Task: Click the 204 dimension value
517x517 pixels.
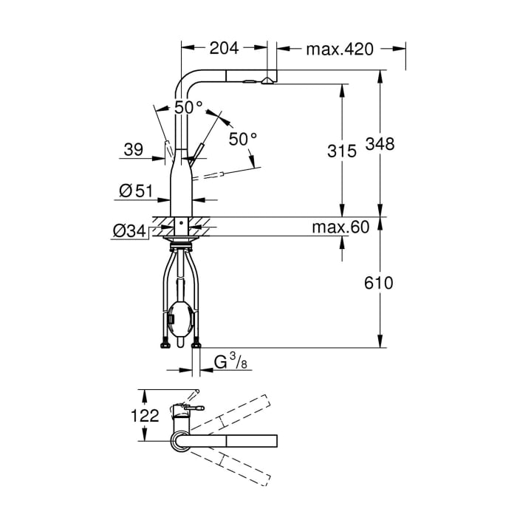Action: pos(224,49)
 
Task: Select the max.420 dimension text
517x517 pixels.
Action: pos(340,49)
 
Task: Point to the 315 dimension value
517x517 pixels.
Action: pos(340,151)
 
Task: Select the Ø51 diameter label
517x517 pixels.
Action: pos(134,191)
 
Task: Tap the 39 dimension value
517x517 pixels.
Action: pos(134,149)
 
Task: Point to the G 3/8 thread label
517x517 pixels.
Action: pos(230,363)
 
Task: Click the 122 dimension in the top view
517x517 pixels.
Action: pos(145,416)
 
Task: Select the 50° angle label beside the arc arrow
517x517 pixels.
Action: pos(243,137)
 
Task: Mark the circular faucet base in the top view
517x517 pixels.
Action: pos(181,441)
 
